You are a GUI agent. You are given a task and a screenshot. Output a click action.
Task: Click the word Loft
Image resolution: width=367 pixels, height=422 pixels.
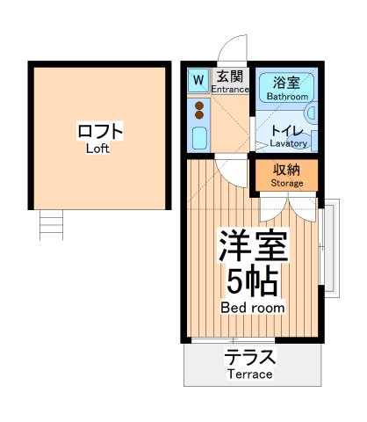click(x=98, y=149)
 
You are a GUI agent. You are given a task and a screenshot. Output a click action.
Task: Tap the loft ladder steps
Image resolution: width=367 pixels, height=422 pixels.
click(x=52, y=225)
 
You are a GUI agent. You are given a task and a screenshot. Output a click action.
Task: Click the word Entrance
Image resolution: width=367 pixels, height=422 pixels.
click(x=230, y=90)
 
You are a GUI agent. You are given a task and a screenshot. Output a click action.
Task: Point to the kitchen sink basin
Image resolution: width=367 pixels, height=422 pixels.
click(x=198, y=137)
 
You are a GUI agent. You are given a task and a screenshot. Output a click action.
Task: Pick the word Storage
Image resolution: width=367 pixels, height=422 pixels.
click(x=287, y=183)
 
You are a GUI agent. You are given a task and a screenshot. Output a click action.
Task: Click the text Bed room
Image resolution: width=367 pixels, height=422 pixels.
click(x=252, y=308)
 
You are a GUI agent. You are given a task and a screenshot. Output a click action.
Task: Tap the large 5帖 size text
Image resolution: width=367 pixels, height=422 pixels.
click(x=252, y=281)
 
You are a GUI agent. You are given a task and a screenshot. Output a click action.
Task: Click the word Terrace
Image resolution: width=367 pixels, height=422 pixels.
click(x=250, y=374)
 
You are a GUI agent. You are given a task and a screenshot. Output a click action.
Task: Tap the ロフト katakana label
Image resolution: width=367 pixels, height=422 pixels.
click(x=99, y=132)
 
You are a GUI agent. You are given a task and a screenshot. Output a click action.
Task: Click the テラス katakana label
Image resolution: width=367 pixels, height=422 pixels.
click(x=250, y=358)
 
